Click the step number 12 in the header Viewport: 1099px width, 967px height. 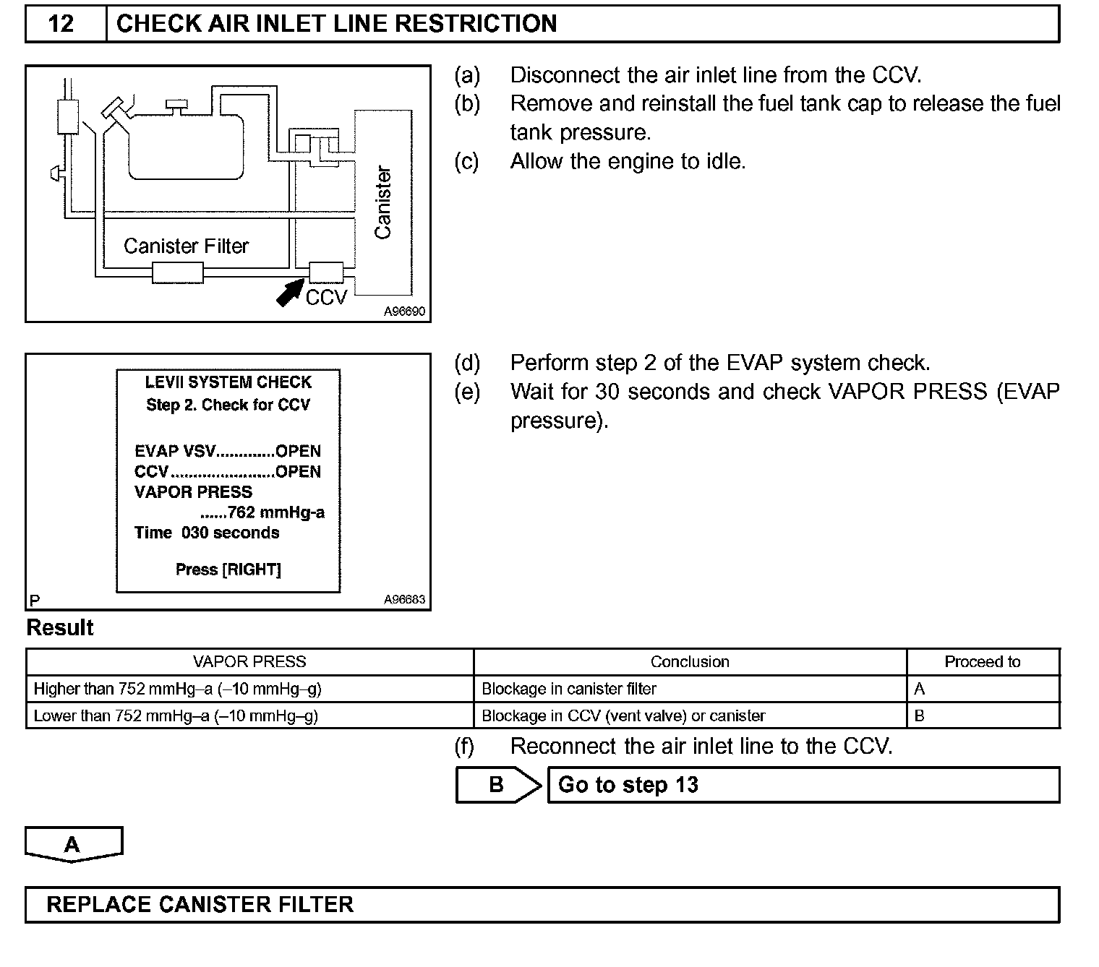point(61,24)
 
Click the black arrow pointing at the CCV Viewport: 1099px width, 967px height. point(291,293)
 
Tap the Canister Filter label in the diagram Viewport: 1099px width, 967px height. point(186,246)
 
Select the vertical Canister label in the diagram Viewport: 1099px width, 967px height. point(382,202)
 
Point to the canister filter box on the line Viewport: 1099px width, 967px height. point(178,273)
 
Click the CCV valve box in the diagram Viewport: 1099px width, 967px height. point(326,272)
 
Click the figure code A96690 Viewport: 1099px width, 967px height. point(404,312)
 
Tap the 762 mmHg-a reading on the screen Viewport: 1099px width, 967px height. point(275,512)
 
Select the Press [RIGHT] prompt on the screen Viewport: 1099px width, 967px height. point(228,570)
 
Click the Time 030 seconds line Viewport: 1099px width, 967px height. point(207,533)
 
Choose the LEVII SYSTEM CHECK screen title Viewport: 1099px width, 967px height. point(228,382)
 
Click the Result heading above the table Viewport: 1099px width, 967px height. point(60,628)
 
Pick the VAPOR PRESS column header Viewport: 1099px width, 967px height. point(249,662)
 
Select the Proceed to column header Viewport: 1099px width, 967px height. point(982,662)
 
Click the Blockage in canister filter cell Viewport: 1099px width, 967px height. point(569,689)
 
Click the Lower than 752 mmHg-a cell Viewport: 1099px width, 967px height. point(176,716)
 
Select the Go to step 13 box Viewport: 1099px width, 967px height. point(803,785)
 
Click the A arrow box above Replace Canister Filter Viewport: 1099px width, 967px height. point(73,844)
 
